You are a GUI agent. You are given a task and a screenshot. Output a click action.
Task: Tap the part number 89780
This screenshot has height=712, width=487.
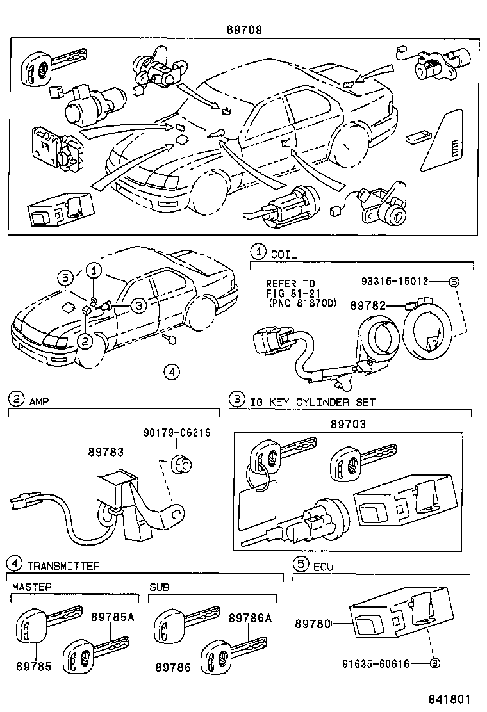pos(312,622)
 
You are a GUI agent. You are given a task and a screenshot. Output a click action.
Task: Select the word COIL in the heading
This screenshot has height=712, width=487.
pos(284,254)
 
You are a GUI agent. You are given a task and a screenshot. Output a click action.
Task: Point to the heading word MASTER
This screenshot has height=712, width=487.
pos(31,587)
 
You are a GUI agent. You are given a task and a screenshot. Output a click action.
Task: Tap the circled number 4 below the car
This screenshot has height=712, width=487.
pos(169,370)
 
